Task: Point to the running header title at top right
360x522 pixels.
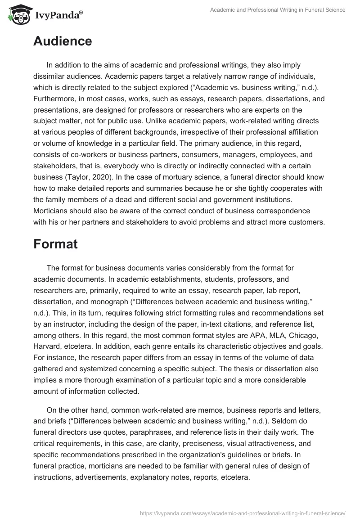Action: (278, 10)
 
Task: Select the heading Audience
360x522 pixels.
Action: (63, 41)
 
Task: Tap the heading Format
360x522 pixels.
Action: (55, 244)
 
